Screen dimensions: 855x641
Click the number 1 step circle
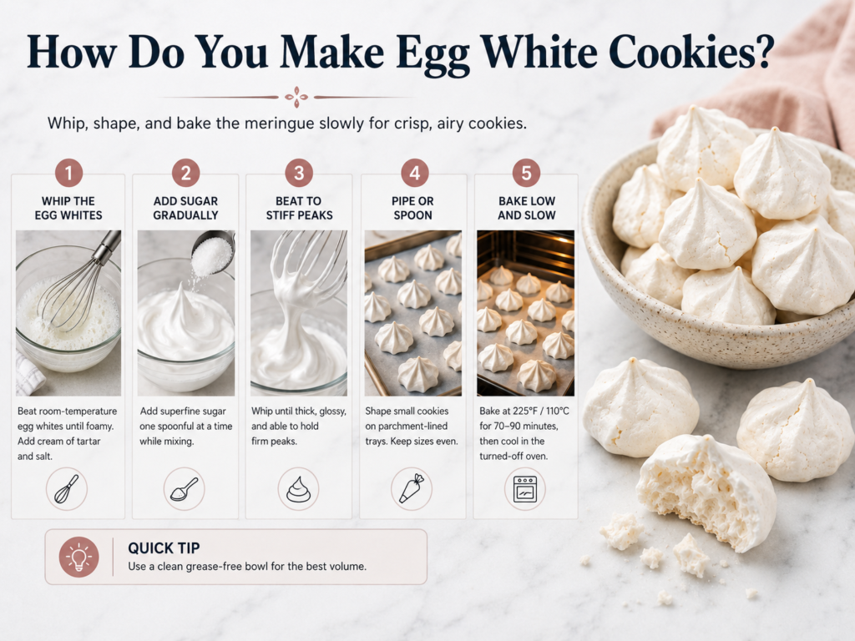pyautogui.click(x=68, y=174)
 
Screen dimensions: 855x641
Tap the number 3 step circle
pyautogui.click(x=299, y=174)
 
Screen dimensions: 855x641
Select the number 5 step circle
pyautogui.click(x=526, y=174)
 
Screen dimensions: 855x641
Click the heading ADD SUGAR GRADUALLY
pyautogui.click(x=185, y=208)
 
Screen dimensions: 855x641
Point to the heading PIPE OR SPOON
pyautogui.click(x=412, y=208)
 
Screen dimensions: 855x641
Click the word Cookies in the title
pyautogui.click(x=691, y=53)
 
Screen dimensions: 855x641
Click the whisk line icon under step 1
pyautogui.click(x=67, y=489)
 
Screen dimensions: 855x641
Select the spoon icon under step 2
pyautogui.click(x=185, y=489)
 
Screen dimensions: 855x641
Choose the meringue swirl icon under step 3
pyautogui.click(x=298, y=489)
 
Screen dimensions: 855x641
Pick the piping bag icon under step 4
pyautogui.click(x=412, y=488)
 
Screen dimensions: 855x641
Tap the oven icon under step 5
pyautogui.click(x=525, y=489)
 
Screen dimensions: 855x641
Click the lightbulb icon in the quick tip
pyautogui.click(x=79, y=557)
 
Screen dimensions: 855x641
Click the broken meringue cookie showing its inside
pyautogui.click(x=706, y=492)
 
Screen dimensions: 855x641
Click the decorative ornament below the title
pyautogui.click(x=296, y=97)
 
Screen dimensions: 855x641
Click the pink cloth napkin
pyautogui.click(x=774, y=76)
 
